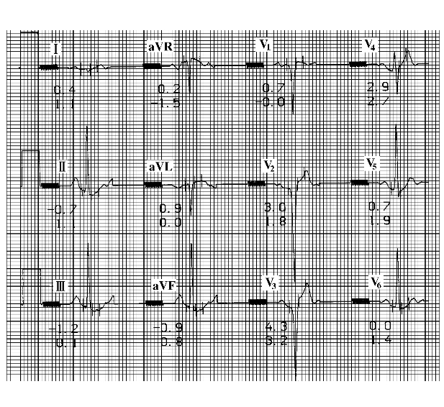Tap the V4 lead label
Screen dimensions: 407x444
(369, 45)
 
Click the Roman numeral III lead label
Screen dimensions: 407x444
(60, 286)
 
